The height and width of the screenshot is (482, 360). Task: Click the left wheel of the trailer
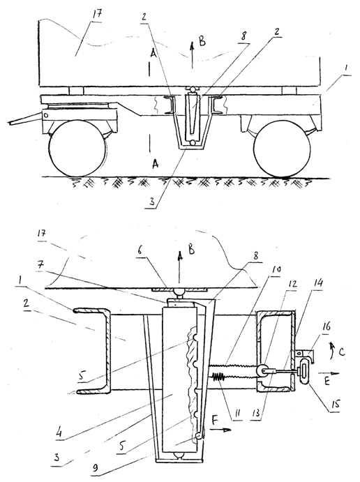pos(77,149)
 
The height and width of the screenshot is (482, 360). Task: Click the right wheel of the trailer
pos(282,150)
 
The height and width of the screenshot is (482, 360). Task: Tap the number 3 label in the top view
pos(151,202)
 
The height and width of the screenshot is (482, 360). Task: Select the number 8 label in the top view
pos(243,36)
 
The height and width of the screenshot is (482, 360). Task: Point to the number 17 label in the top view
pos(96,15)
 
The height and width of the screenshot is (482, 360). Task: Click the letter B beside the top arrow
pos(202,41)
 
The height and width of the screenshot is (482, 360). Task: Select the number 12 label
pos(292,284)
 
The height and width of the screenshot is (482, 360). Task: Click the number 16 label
pos(327,326)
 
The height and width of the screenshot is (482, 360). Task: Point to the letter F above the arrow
pos(216,420)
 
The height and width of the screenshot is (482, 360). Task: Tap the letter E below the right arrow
pos(327,381)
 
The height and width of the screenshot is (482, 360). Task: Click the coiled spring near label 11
pos(219,377)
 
